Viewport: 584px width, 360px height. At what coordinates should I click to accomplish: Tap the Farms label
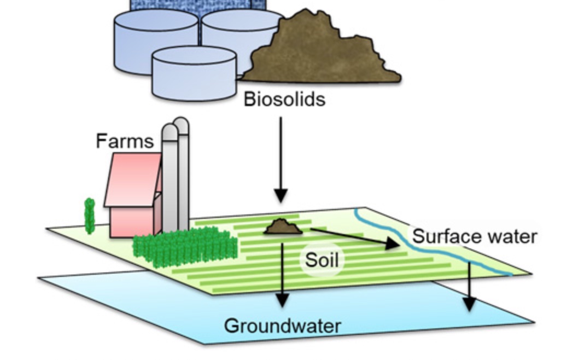(124, 141)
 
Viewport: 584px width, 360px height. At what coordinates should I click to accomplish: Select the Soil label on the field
(322, 260)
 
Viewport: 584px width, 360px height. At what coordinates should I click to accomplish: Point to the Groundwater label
(282, 326)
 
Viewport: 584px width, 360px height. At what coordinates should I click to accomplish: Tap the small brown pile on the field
(283, 227)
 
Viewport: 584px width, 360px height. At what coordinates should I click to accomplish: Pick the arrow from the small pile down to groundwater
(282, 274)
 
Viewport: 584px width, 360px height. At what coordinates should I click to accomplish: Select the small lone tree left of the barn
(90, 216)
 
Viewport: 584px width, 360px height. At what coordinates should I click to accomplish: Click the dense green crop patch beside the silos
(186, 246)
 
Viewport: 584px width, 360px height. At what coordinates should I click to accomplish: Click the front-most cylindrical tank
(194, 74)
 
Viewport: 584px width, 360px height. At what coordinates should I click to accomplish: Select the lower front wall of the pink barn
(131, 222)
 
